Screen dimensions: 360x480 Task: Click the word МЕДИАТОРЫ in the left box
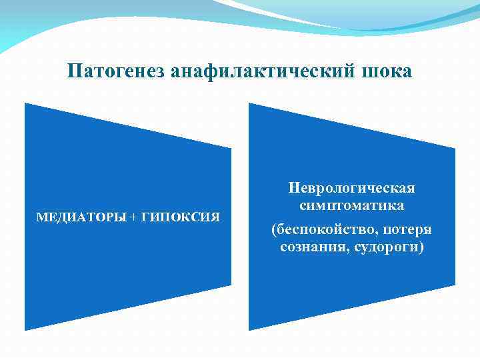coord(79,217)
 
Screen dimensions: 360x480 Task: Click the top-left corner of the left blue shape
coord(26,104)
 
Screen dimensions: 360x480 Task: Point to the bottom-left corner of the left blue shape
coord(26,329)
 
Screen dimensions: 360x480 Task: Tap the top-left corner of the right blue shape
coord(250,104)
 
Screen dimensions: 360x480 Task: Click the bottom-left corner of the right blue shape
coord(250,329)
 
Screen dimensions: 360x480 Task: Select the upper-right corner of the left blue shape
coord(231,148)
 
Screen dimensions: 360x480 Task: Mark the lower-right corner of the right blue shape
coord(455,285)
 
